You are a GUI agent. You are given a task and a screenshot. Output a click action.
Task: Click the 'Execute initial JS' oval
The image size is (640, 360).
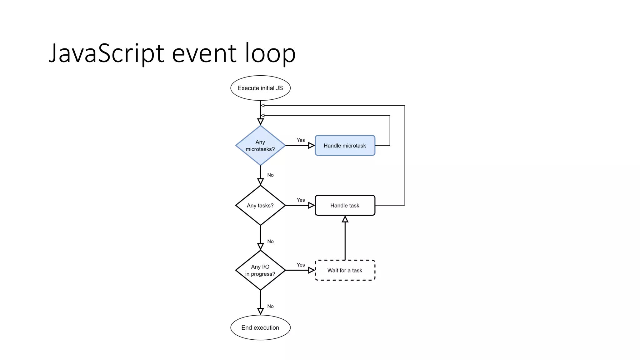coord(260,88)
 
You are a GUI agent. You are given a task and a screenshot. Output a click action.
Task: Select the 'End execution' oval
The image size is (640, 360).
coord(260,327)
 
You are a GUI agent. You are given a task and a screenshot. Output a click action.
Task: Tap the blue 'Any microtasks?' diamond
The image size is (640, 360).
coord(260,145)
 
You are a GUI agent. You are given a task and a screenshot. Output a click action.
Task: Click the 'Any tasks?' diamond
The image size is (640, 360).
coord(260,205)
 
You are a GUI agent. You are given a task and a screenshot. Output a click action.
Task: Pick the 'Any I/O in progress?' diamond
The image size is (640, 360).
coord(260,270)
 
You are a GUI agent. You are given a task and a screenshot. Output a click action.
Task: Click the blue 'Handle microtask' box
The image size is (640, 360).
coord(345,145)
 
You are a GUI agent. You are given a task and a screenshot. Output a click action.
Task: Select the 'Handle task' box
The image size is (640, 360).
coord(345,205)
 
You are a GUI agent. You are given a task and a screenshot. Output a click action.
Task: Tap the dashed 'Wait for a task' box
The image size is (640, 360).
coord(345,270)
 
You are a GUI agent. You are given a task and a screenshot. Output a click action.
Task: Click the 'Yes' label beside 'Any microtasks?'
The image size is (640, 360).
coord(301,140)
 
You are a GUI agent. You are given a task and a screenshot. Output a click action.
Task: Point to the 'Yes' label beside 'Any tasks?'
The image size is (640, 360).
coord(301,200)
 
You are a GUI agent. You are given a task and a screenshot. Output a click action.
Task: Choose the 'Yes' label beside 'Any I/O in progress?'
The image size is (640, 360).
coord(301,265)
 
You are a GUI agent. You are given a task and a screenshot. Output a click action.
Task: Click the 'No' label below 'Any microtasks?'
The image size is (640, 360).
coord(270,175)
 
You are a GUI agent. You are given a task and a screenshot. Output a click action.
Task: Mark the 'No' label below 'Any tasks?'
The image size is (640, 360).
coord(270,241)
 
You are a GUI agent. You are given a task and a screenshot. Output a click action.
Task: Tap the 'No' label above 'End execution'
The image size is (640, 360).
coord(270,306)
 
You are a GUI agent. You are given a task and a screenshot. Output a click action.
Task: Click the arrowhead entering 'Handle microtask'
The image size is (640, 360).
coord(311,145)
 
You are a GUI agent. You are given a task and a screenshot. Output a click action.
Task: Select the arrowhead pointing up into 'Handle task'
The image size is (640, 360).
coord(345,219)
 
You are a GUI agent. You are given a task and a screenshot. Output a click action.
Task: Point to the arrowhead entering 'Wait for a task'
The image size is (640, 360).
coord(311,270)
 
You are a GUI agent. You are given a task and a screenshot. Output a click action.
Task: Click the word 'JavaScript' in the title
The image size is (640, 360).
coord(106,53)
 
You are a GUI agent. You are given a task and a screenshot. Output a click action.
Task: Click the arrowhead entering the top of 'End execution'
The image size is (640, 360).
coord(260,311)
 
